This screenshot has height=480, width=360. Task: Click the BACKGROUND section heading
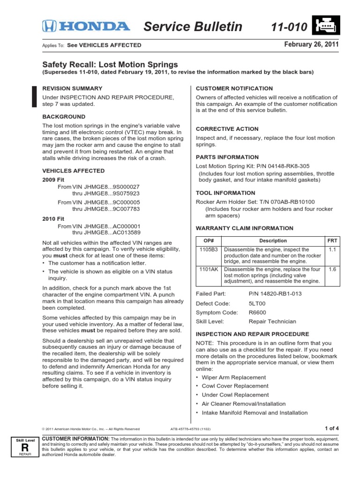[x=64, y=116]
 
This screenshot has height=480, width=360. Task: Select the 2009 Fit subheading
[x=54, y=179]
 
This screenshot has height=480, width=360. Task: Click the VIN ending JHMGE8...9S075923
[x=106, y=193]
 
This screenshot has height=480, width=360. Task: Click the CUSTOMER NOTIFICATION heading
[x=234, y=88]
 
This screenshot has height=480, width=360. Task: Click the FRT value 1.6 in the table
[x=332, y=270]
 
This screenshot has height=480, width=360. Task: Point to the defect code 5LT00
[x=257, y=303]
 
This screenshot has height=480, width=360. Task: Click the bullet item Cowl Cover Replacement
[x=235, y=386]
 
